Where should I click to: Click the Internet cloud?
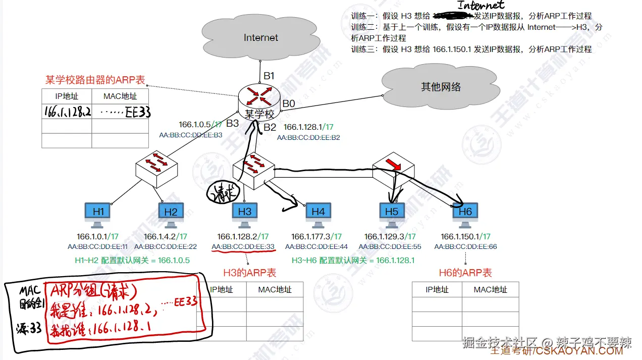tap(260, 38)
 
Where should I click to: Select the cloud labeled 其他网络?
tap(441, 87)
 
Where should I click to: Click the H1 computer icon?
tap(98, 215)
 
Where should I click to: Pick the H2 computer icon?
tap(171, 215)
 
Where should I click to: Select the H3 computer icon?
tap(244, 215)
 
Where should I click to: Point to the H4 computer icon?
tap(318, 215)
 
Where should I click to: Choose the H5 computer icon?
tap(392, 215)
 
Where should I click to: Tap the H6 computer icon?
tap(465, 215)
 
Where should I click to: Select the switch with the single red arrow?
tap(393, 168)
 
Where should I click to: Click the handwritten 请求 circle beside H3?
tap(219, 192)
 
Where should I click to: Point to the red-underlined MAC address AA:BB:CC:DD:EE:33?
tap(243, 247)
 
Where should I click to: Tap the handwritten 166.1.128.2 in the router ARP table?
tap(67, 112)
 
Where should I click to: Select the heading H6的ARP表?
tap(465, 273)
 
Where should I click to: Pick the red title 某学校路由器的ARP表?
tap(95, 80)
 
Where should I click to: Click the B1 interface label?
tap(269, 76)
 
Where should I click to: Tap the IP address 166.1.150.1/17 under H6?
tap(465, 236)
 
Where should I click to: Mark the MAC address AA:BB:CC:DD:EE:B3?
tap(191, 135)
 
